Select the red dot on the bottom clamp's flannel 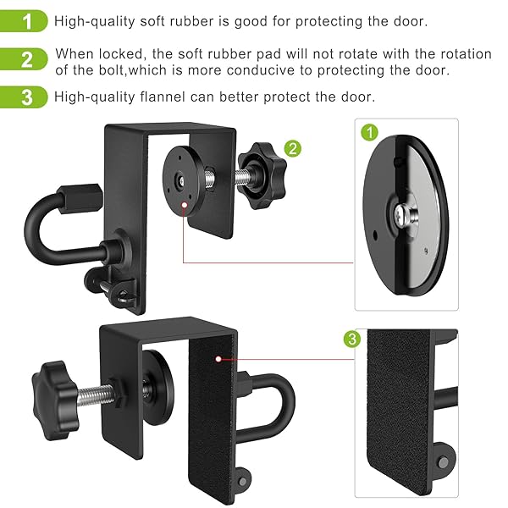coord(218,359)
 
